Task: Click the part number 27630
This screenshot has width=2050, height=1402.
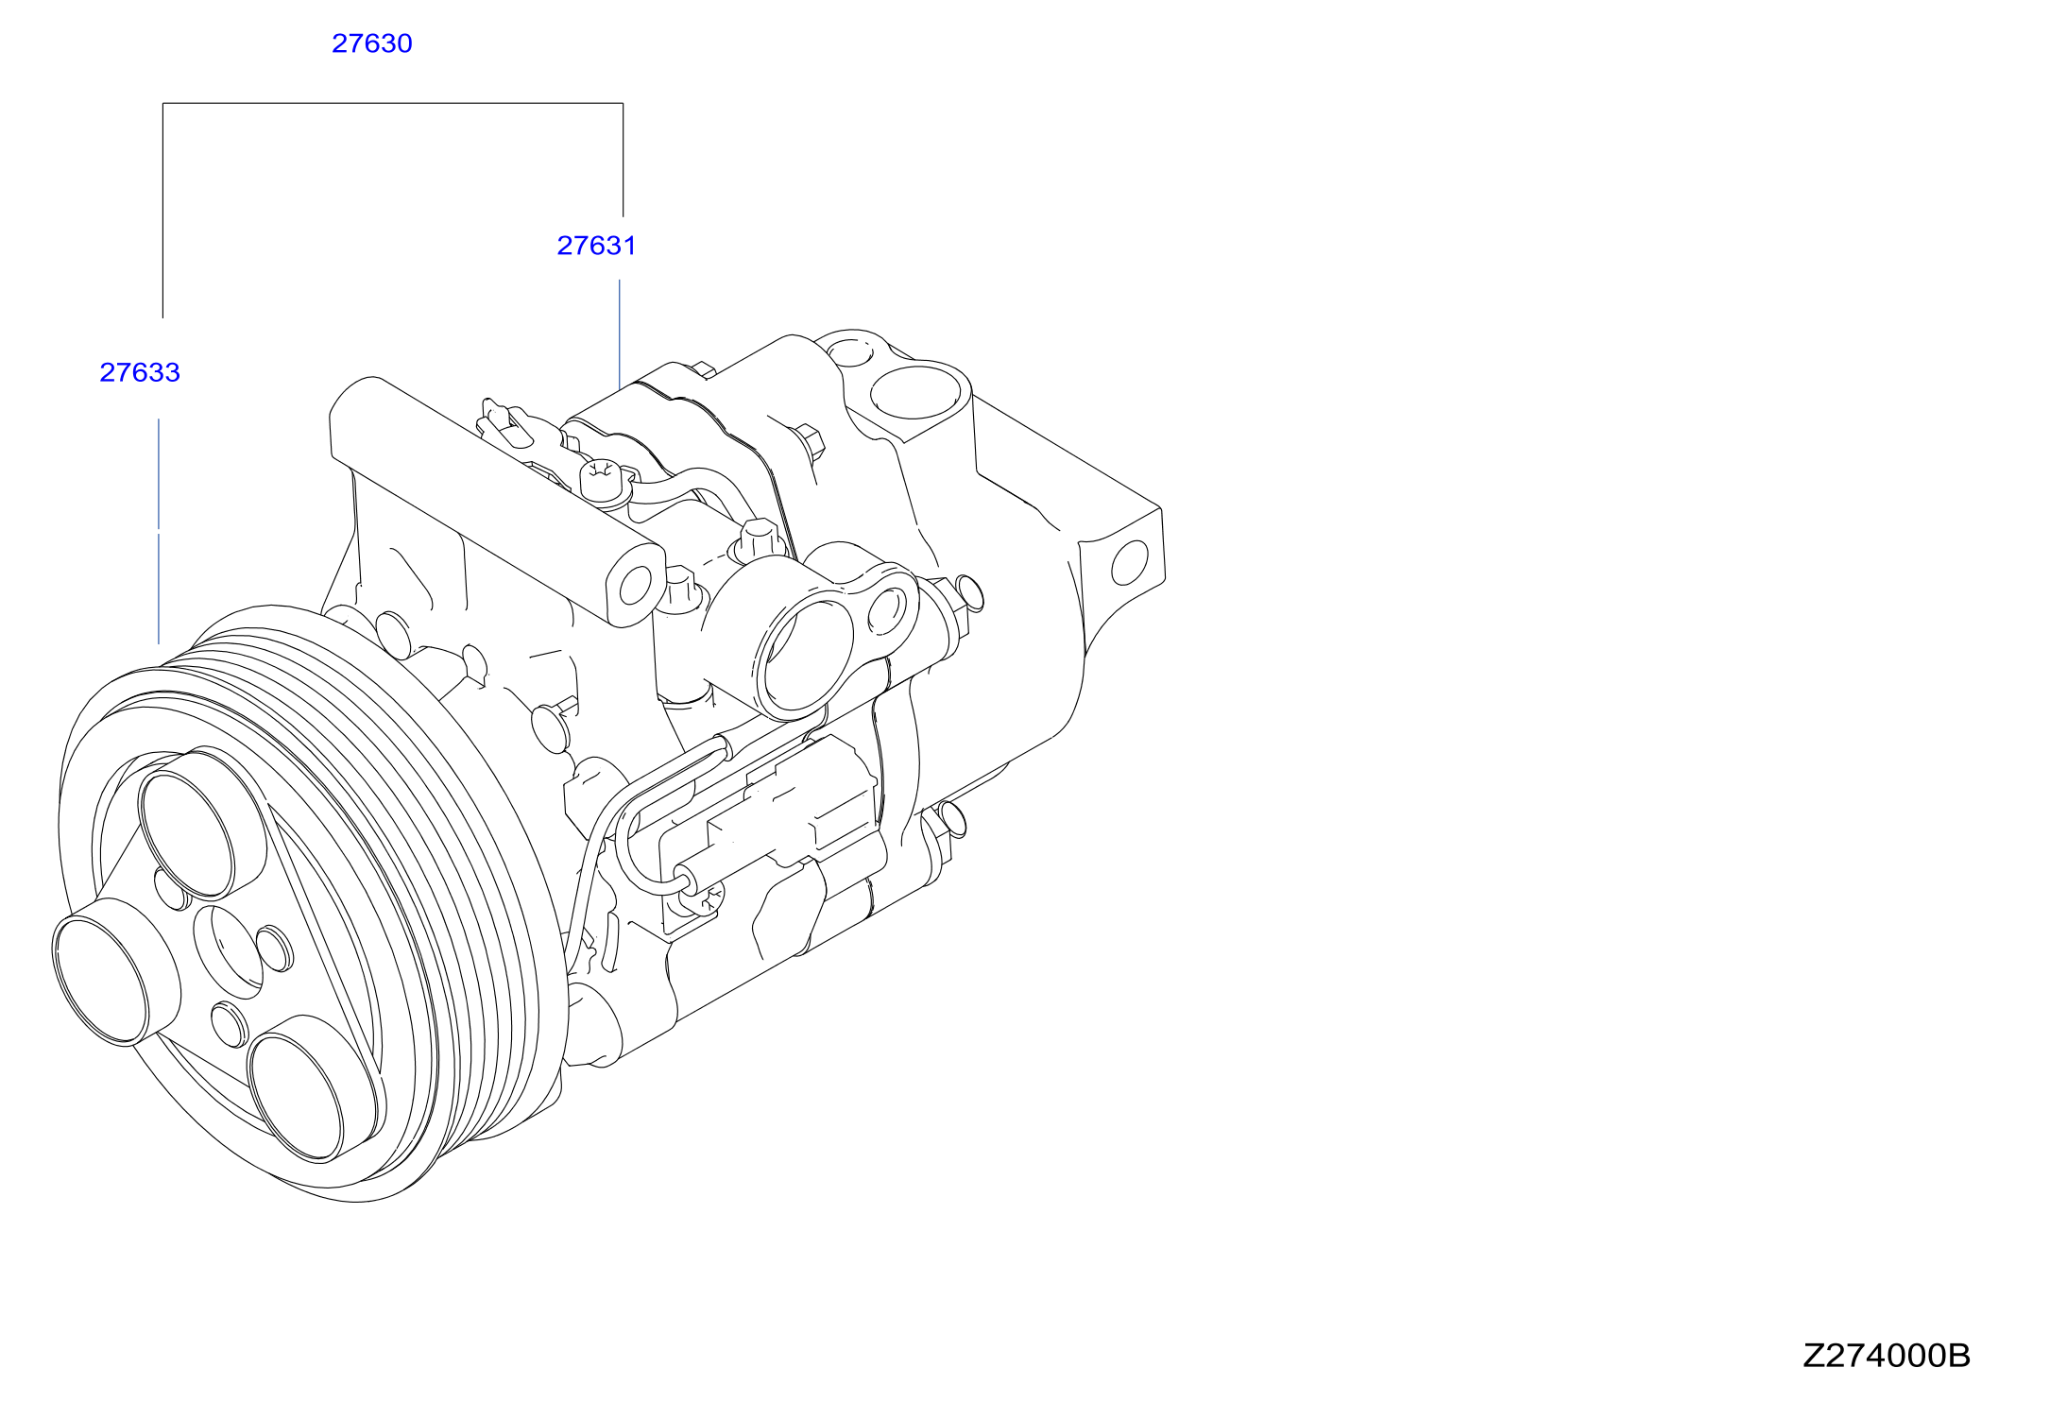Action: [x=372, y=43]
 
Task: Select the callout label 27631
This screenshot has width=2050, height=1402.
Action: [x=596, y=246]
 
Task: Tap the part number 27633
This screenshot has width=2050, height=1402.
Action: [x=140, y=372]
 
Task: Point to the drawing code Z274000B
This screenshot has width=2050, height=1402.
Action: [x=1887, y=1356]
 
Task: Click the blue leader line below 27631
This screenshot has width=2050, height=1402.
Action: [x=620, y=333]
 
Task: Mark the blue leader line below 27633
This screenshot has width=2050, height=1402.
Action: [x=159, y=531]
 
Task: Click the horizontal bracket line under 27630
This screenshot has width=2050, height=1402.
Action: [x=393, y=103]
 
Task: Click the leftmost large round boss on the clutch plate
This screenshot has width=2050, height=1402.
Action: [x=101, y=981]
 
